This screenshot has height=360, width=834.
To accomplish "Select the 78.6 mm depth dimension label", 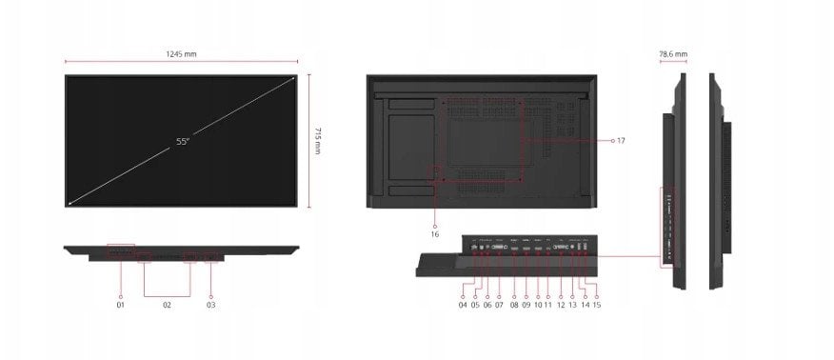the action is [x=672, y=55].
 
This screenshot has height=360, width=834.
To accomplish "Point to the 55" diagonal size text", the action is [x=183, y=141].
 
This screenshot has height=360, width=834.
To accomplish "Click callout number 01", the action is [x=121, y=305].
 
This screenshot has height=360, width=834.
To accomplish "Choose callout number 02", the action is [x=167, y=305].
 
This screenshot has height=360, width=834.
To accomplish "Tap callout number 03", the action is [x=211, y=305].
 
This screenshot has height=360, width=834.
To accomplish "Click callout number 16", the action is [x=435, y=233].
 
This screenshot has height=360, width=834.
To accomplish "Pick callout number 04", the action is [x=463, y=305].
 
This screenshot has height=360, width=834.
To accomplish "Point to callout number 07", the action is [x=499, y=305].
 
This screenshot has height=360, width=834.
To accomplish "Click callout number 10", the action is [x=537, y=305].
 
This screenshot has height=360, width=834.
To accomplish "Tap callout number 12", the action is [x=561, y=305].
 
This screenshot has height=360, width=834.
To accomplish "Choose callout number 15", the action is [x=597, y=305].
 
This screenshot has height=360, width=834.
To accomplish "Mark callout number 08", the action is [x=513, y=305].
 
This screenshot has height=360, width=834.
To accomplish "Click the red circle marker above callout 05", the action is [x=475, y=284].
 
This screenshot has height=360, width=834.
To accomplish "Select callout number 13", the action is [x=573, y=305].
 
